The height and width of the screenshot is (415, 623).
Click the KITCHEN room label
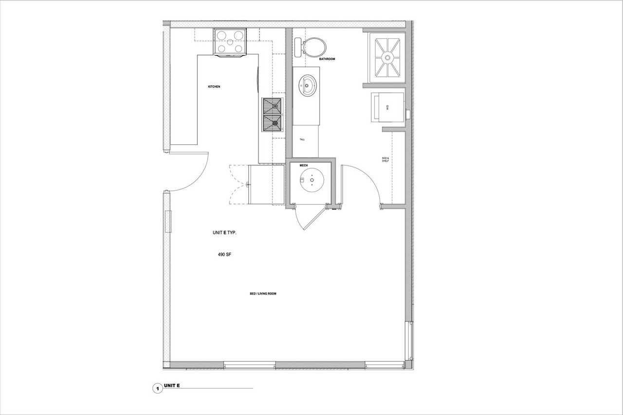pos(214,87)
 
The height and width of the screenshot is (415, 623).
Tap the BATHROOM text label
pos(327,59)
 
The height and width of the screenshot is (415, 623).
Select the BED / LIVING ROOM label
pos(263,294)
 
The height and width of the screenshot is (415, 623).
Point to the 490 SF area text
pos(224,254)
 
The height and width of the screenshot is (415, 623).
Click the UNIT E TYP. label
pos(224,234)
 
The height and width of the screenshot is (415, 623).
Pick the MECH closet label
pos(304,165)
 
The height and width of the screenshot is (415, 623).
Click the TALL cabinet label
pos(302,140)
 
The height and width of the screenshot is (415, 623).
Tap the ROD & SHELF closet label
pos(385,161)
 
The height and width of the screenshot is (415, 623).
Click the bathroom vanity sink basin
pos(308,85)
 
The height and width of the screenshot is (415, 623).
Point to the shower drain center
pos(388,57)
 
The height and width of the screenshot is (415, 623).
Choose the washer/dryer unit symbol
pos(388,107)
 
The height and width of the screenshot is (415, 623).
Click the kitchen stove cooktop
pos(230,42)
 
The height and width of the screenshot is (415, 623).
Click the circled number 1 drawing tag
pos(157,389)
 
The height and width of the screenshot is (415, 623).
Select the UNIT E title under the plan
pos(172,385)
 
